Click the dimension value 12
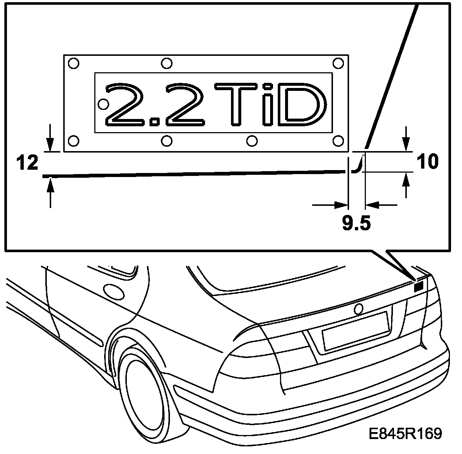(x=27, y=162)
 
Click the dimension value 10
(x=427, y=161)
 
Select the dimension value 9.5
(x=356, y=223)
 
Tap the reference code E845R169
(x=405, y=434)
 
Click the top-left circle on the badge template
(x=73, y=64)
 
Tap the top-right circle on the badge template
(x=339, y=64)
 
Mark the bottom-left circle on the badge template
(x=73, y=140)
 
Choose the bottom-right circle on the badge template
(x=339, y=140)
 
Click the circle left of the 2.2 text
(x=103, y=104)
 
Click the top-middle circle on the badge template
(x=167, y=64)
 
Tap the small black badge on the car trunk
(x=419, y=287)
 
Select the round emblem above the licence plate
(x=358, y=309)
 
